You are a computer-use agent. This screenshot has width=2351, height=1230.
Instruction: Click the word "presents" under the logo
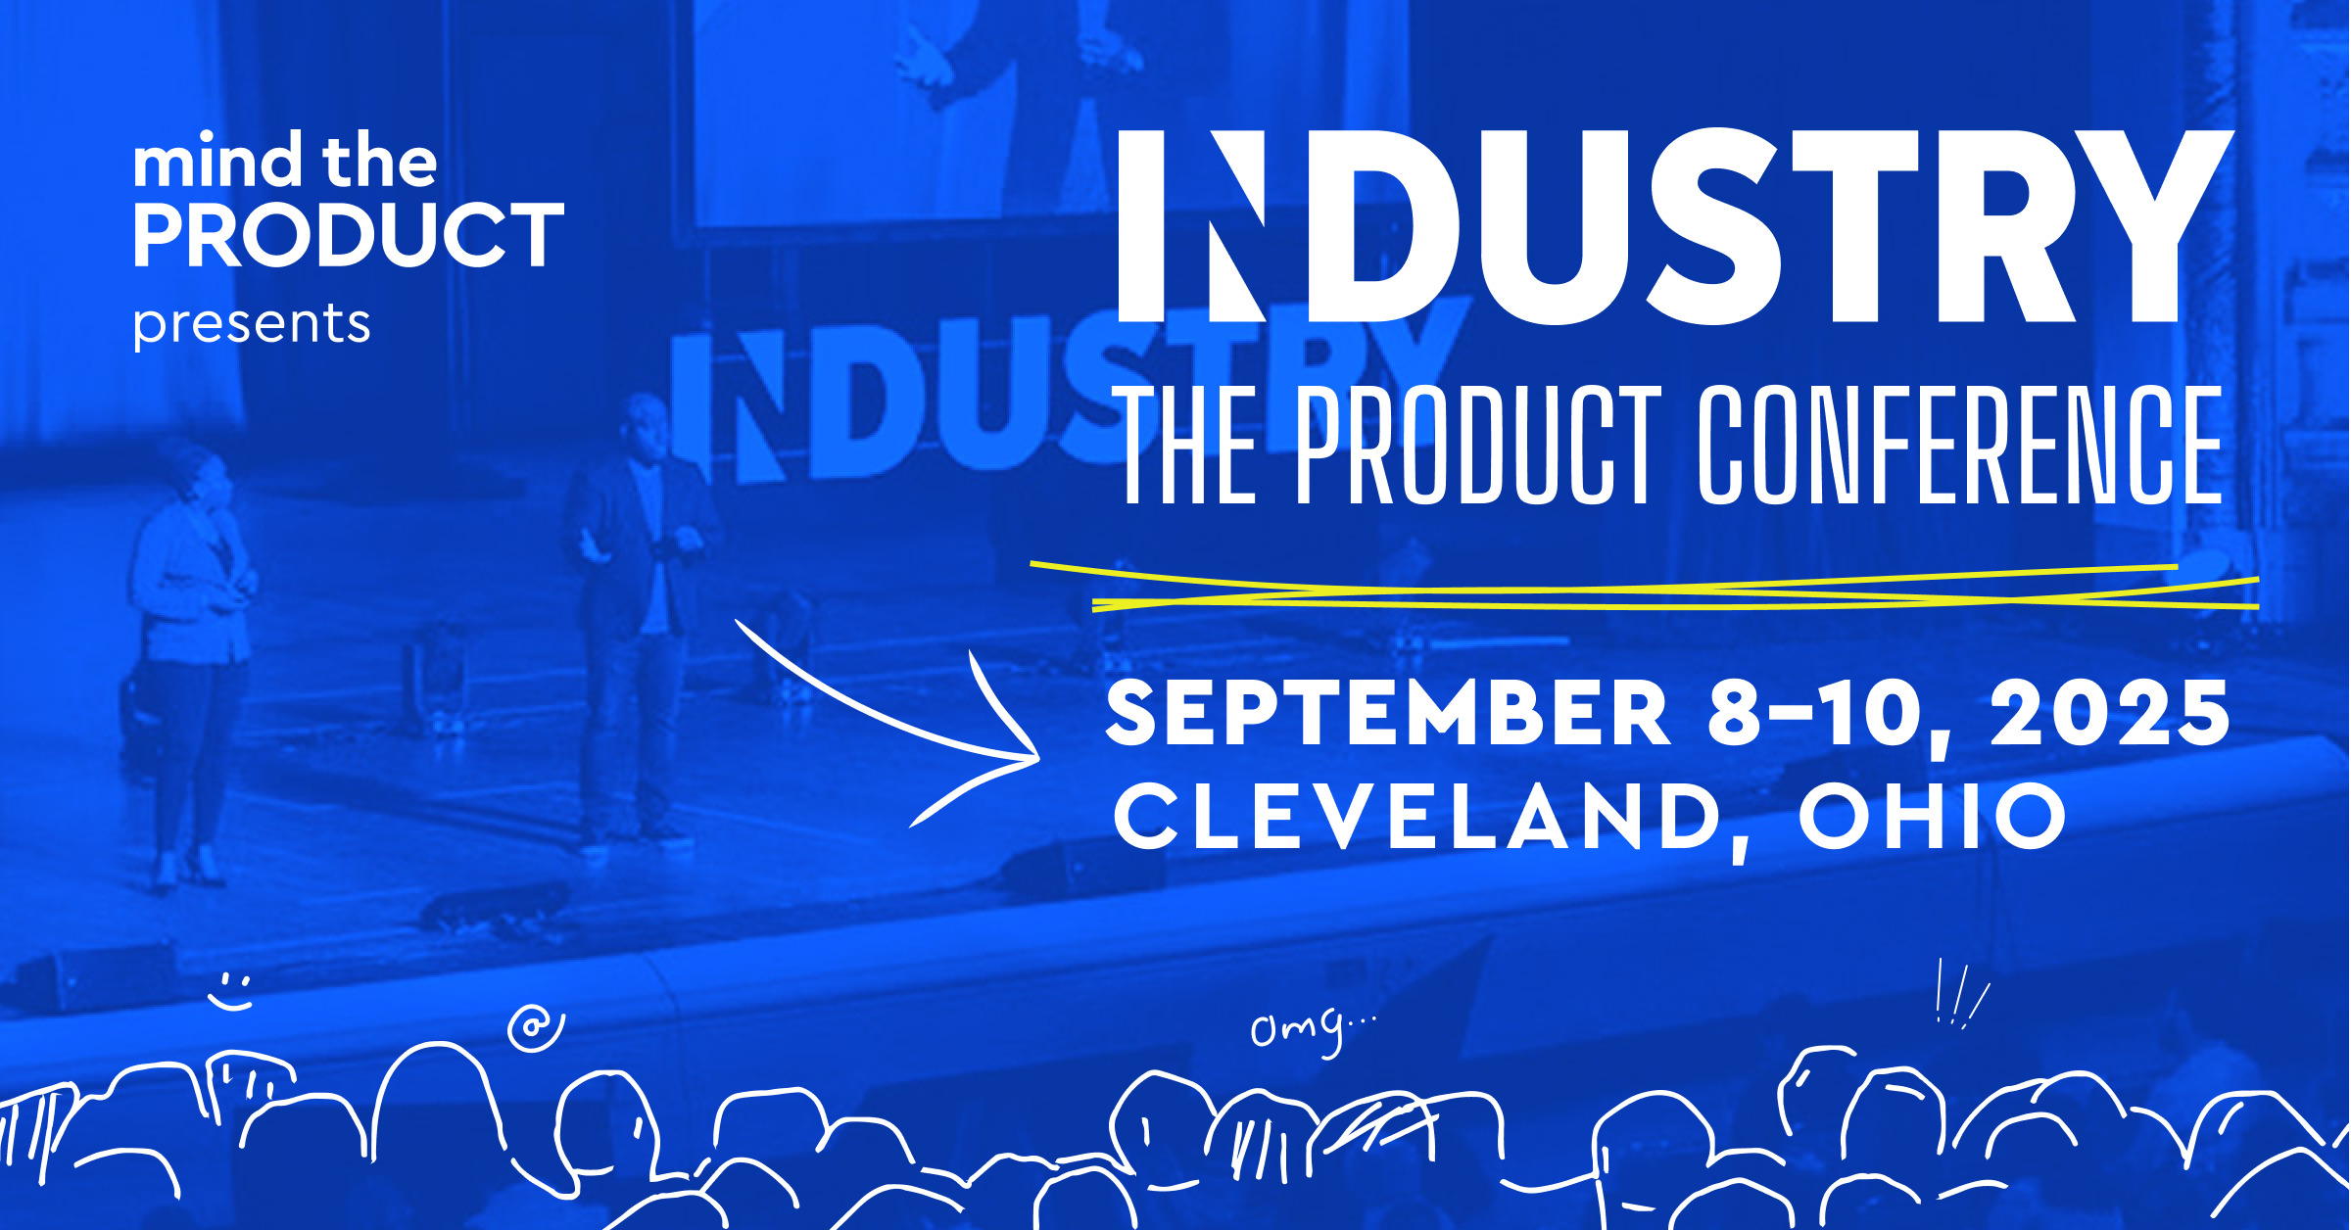(x=252, y=324)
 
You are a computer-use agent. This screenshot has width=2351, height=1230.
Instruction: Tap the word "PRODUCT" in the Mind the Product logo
(x=349, y=235)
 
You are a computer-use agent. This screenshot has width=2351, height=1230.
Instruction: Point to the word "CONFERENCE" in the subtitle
(x=1959, y=446)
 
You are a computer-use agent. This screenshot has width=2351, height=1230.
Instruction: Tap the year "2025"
(x=2110, y=713)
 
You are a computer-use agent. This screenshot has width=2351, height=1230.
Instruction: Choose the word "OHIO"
(x=1933, y=816)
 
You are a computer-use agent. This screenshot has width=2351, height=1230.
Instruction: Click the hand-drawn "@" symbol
(x=535, y=1027)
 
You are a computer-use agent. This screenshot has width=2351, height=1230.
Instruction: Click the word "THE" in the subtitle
(x=1189, y=446)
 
